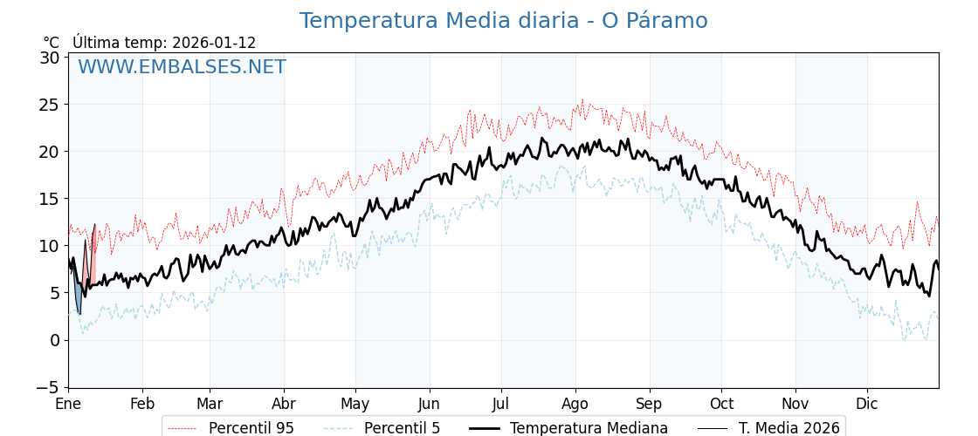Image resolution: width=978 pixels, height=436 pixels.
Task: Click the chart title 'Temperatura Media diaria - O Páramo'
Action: (x=503, y=21)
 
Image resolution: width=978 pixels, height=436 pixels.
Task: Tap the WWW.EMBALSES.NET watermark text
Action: (x=182, y=67)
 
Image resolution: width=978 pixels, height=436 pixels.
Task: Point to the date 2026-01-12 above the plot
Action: (x=214, y=43)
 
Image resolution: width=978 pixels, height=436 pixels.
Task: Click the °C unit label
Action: (x=52, y=43)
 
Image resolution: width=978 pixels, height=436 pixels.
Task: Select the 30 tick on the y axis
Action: (x=49, y=58)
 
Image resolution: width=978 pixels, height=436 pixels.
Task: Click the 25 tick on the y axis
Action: (x=49, y=105)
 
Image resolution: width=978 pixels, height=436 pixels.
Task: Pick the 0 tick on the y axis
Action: (x=53, y=340)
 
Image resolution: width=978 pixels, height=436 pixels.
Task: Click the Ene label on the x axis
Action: (x=68, y=405)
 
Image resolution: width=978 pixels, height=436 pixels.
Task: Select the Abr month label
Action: (x=284, y=405)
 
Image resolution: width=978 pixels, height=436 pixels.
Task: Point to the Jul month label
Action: (x=501, y=405)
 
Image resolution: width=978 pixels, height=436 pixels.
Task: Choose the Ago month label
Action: (x=575, y=405)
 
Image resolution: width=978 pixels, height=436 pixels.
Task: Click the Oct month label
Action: (x=721, y=405)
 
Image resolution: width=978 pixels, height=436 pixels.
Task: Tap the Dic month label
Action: (x=867, y=405)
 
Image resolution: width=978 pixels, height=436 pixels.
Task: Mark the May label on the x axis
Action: (x=355, y=405)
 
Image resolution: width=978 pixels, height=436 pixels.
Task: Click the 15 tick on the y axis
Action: (x=49, y=199)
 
